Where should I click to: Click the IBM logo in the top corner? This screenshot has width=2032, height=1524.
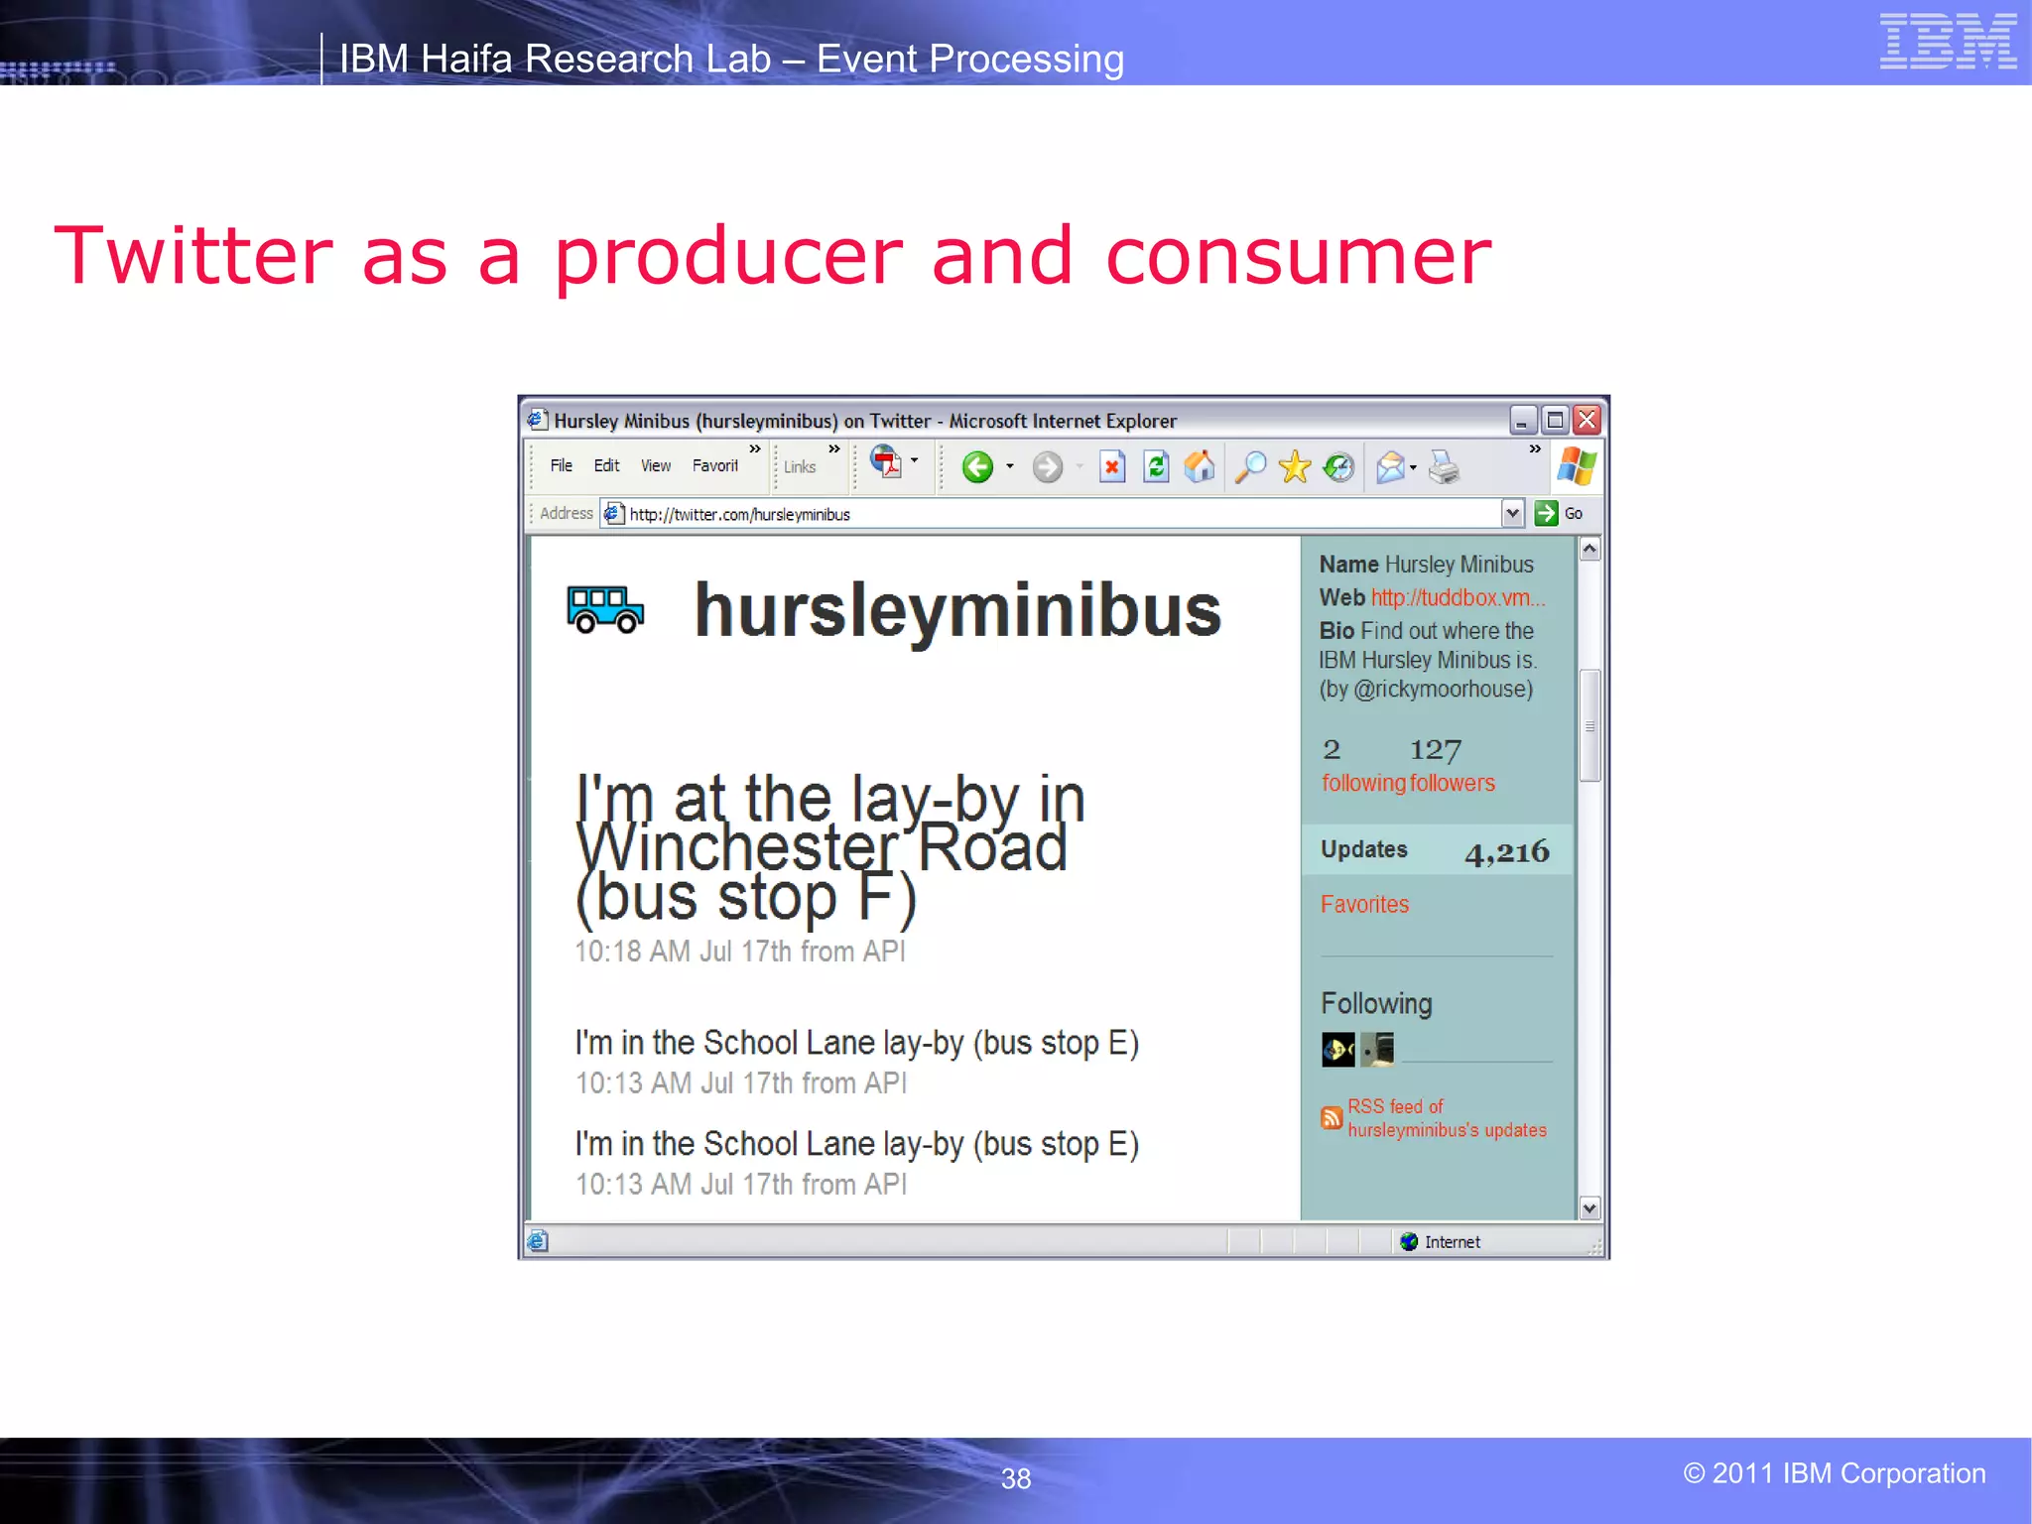(1948, 42)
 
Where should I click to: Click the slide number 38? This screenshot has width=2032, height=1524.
(1015, 1478)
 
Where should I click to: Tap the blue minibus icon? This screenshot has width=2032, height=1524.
(605, 609)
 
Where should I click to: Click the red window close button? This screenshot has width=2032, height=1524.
(1587, 420)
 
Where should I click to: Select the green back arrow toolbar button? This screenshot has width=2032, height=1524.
(977, 466)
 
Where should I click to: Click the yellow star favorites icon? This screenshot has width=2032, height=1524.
(1295, 466)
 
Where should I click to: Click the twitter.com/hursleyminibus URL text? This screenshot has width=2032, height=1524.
(739, 514)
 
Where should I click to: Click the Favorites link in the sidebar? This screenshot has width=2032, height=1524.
(1364, 904)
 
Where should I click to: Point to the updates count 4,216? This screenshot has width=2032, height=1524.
(1506, 851)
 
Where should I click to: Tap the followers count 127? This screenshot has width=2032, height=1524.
(1435, 749)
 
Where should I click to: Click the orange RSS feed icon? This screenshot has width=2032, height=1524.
(1332, 1118)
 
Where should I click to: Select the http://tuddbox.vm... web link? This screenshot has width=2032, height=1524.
(1458, 597)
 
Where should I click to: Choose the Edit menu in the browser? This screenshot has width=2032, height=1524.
(606, 465)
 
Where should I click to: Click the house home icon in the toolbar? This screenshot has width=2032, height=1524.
(1200, 466)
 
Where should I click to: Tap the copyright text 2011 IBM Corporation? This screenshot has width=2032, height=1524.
(1834, 1473)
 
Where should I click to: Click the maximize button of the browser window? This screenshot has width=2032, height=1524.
(1556, 420)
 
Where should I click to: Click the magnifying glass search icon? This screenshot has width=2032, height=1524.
(1250, 466)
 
